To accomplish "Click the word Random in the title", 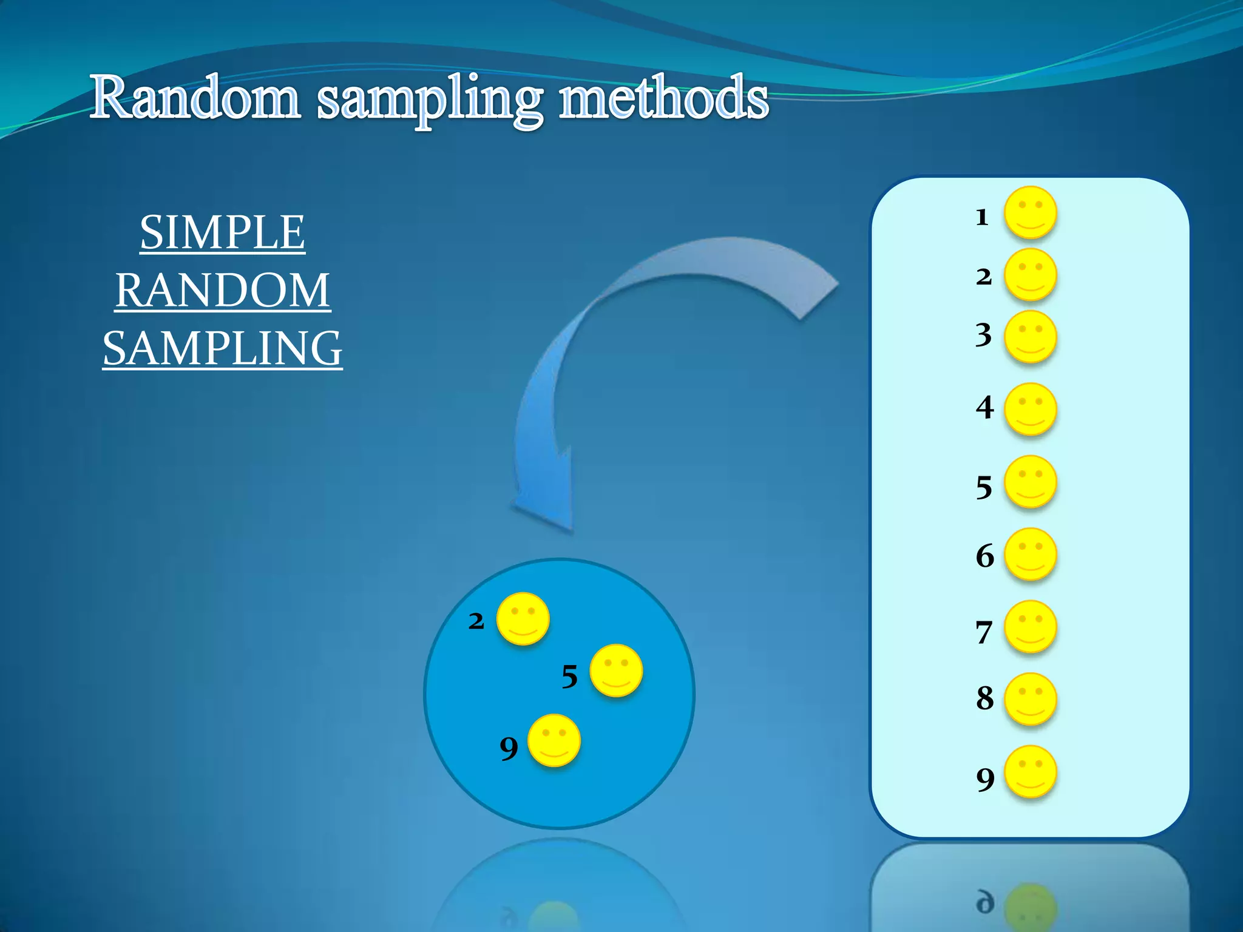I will click(195, 98).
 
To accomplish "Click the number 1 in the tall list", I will click(982, 217).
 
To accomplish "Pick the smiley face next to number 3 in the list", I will click(1031, 337).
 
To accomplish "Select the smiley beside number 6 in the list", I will click(1031, 554).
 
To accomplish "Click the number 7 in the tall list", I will click(984, 632).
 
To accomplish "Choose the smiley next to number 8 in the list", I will click(1031, 699).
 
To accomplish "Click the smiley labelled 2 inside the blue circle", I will click(523, 618).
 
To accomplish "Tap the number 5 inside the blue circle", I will click(569, 677).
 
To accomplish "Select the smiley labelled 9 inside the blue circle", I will click(554, 740).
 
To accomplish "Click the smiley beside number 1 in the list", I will click(1031, 212).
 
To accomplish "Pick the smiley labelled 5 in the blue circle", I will click(616, 670).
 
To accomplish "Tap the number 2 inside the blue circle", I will click(476, 621).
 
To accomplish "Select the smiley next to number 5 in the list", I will click(1031, 482).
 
